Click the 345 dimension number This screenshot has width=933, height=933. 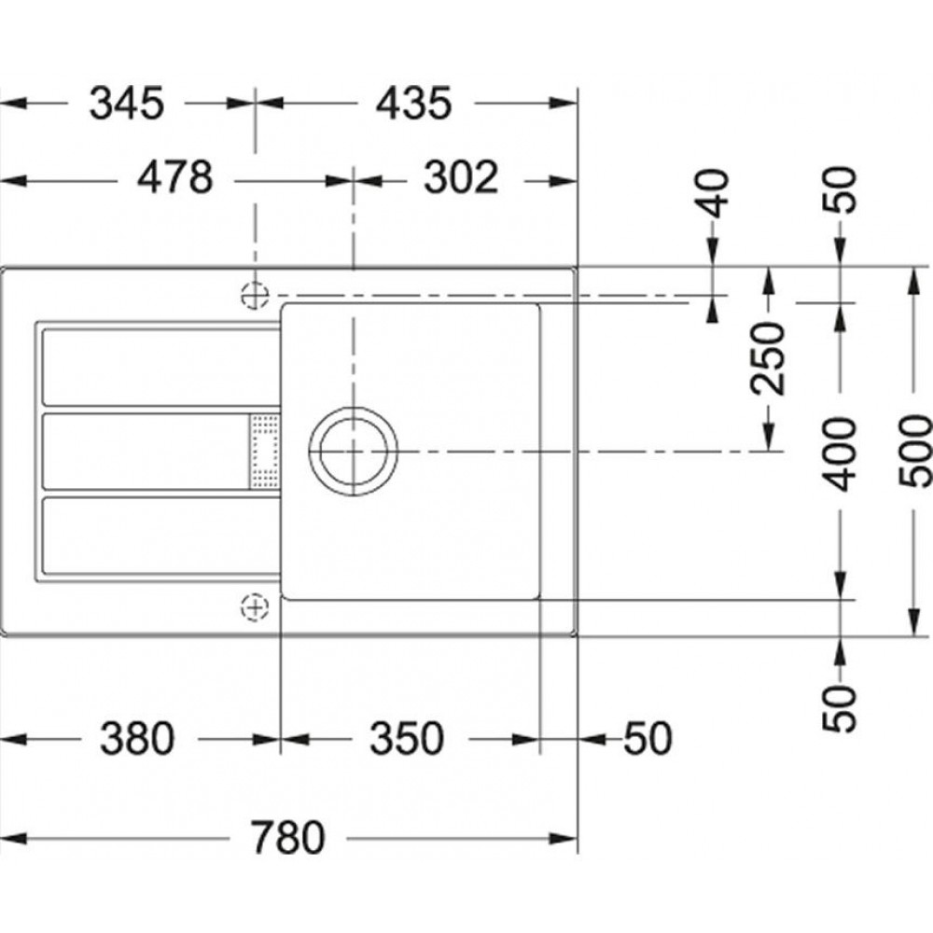coord(126,104)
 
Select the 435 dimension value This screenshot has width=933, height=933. coord(413,104)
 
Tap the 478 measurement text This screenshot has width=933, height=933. coord(174,177)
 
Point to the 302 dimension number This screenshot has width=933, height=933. coord(461,177)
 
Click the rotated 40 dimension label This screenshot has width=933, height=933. coord(712,193)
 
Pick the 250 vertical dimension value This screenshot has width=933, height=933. coord(768,358)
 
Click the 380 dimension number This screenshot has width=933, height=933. coord(137,738)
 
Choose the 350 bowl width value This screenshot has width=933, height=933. coord(407,738)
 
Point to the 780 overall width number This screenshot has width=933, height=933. coord(288,837)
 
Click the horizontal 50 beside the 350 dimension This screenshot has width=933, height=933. coord(648,738)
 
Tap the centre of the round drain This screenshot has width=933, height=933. coord(354,451)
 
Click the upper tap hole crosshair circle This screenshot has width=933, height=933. coord(255,295)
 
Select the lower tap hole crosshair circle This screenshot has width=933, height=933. coord(255,607)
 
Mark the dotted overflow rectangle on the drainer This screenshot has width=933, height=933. coord(265,451)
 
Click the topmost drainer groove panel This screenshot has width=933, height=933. coord(160,367)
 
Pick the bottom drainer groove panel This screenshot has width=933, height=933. coord(160,536)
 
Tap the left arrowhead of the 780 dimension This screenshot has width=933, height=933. coord(13,839)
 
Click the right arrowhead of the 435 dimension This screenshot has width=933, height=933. coord(564,103)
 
